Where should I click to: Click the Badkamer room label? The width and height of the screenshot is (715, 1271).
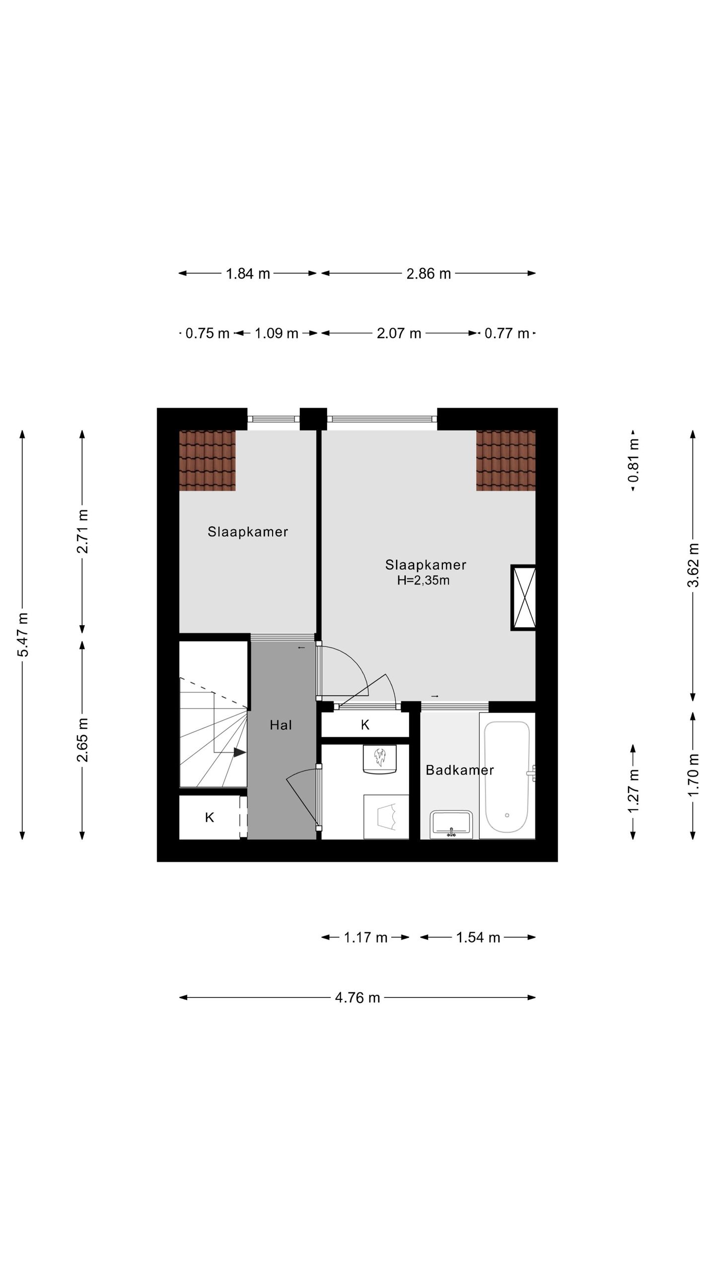click(459, 770)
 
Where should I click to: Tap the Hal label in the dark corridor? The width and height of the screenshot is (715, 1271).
click(281, 725)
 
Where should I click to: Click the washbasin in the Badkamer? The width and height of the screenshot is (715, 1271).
click(451, 824)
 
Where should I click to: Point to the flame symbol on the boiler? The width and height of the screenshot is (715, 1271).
click(380, 758)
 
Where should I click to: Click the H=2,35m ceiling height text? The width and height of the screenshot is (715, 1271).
click(423, 580)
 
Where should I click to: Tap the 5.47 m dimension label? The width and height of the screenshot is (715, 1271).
click(23, 635)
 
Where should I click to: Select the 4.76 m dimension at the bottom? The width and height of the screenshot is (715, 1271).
click(357, 997)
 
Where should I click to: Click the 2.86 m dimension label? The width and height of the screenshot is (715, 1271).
click(429, 274)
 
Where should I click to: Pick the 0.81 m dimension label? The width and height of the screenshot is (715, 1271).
click(633, 460)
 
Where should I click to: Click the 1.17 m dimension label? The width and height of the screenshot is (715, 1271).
click(365, 937)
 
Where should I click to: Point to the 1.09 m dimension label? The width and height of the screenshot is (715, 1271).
click(276, 333)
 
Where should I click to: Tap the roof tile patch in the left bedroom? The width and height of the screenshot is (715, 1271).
click(207, 460)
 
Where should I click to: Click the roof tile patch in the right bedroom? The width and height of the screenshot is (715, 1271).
click(505, 460)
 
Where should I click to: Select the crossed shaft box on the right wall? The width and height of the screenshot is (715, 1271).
click(524, 598)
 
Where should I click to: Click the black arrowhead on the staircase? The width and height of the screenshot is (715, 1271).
click(240, 753)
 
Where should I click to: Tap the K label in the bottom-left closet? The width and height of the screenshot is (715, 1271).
click(210, 817)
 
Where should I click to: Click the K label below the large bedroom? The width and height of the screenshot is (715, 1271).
click(365, 725)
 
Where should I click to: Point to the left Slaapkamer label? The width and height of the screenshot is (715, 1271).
click(248, 532)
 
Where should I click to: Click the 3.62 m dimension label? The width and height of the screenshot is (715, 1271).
click(693, 565)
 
